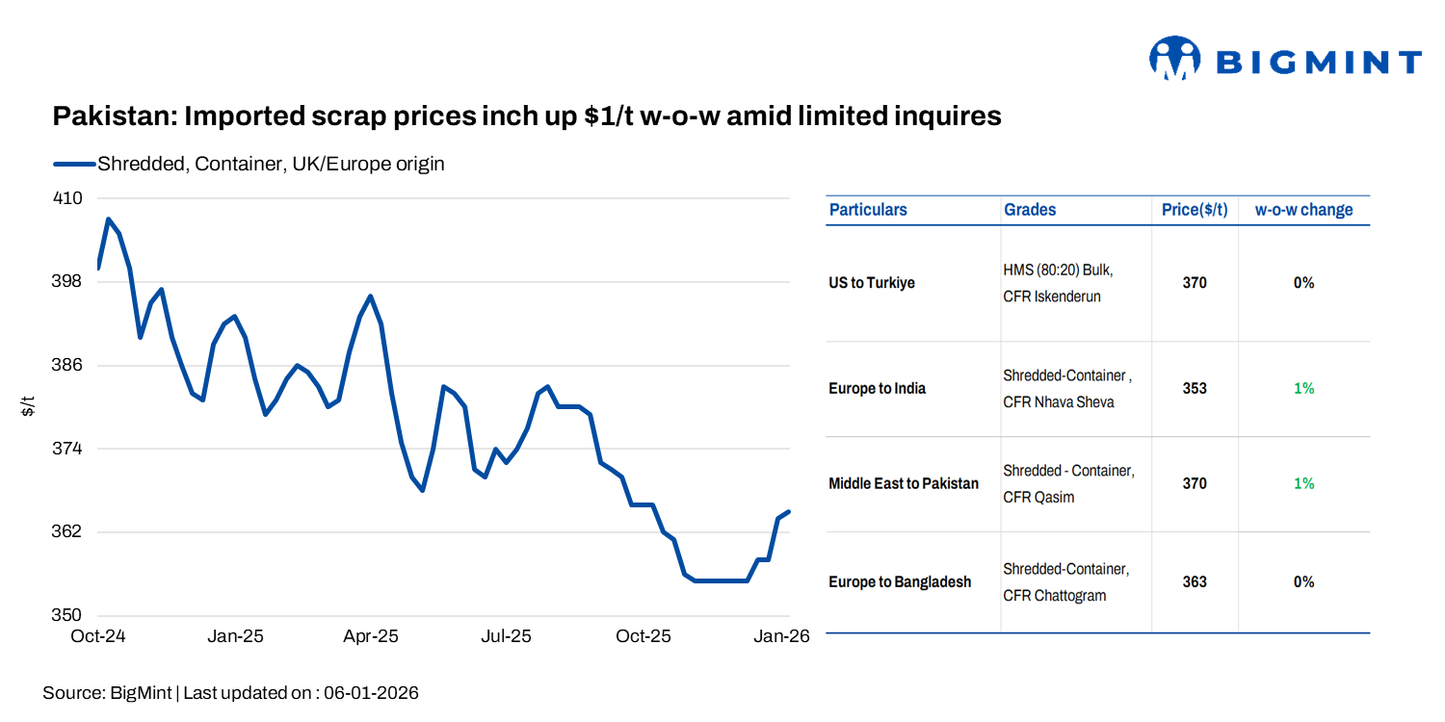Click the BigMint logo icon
(x=1174, y=60)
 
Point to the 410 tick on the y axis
(x=66, y=198)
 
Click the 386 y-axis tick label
(x=66, y=365)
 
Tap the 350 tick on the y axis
(x=66, y=615)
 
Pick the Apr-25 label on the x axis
(x=371, y=636)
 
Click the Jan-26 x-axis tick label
(x=780, y=636)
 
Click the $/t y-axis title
(x=29, y=406)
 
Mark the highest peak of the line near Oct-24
(x=108, y=219)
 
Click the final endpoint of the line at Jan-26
(x=789, y=512)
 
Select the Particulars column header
(x=868, y=210)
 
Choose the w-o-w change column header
(x=1303, y=210)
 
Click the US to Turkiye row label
(x=872, y=283)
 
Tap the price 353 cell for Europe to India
(x=1195, y=389)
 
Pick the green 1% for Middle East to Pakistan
(x=1303, y=483)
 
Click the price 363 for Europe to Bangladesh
(x=1195, y=581)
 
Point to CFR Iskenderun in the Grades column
(x=1051, y=297)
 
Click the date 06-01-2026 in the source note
(x=371, y=692)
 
